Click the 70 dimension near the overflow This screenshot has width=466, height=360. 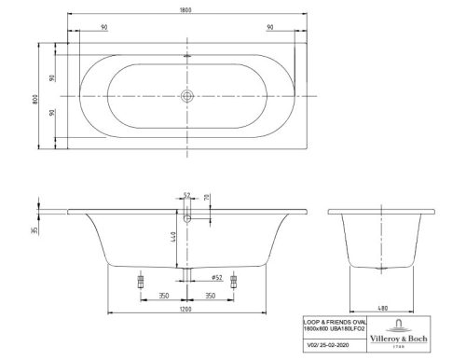tap(207, 199)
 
